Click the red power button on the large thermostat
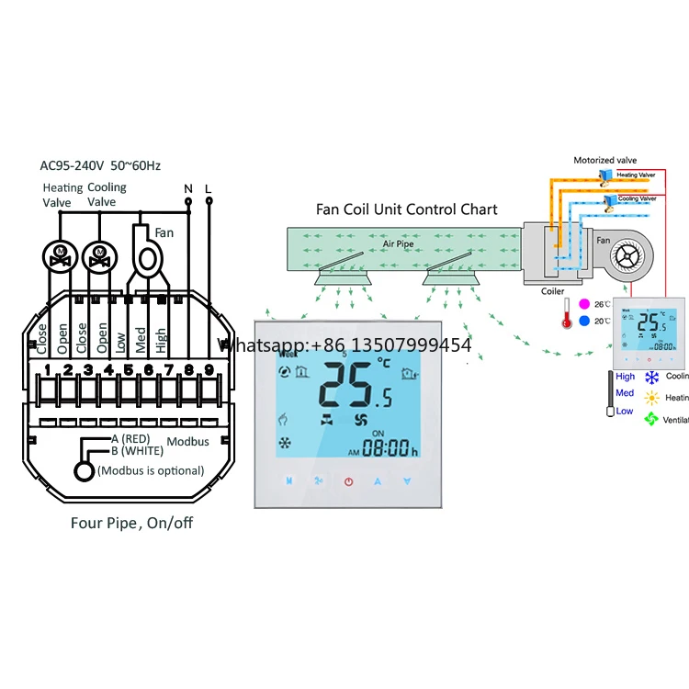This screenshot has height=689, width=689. tap(348, 480)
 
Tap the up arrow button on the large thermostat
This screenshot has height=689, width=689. tap(378, 480)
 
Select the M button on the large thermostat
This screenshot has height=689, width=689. tap(288, 480)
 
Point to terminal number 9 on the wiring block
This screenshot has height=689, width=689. tap(209, 371)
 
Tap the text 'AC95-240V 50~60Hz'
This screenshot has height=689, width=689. tap(100, 166)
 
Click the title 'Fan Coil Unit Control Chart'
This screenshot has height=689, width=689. tap(406, 209)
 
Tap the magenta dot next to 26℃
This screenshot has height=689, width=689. tap(584, 304)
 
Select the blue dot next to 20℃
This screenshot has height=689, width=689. tap(584, 321)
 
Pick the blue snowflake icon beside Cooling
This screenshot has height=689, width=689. tap(651, 377)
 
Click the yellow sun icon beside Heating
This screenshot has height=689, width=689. tap(651, 398)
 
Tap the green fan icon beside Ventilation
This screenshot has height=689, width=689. tap(651, 419)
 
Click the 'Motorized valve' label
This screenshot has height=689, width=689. tap(604, 161)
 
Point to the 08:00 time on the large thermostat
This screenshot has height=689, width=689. tap(389, 449)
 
